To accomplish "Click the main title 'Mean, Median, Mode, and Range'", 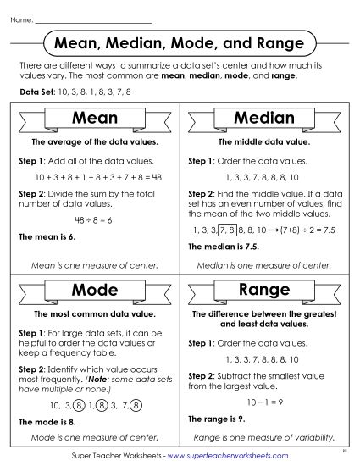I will point(180,42).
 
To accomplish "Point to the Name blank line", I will point(93,19).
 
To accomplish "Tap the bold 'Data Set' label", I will point(33,91).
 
